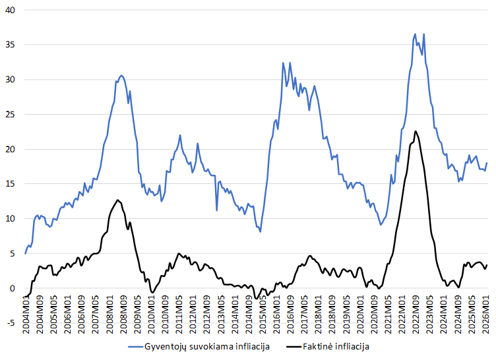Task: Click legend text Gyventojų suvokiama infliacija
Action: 207,345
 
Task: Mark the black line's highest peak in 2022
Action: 416,131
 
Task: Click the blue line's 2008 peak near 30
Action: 121,75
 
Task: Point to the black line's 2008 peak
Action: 118,200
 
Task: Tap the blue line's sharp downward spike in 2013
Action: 217,210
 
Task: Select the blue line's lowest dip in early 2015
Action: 261,231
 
